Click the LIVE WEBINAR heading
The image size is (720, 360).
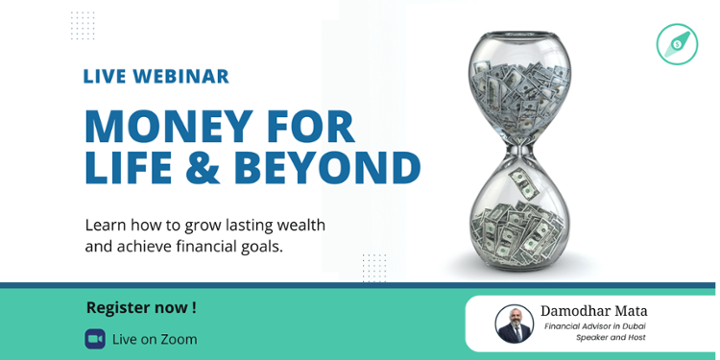pyautogui.click(x=156, y=77)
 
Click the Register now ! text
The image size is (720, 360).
pyautogui.click(x=141, y=307)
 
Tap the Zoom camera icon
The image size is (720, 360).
pyautogui.click(x=95, y=339)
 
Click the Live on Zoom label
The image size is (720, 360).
pyautogui.click(x=155, y=339)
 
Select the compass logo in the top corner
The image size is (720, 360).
pyautogui.click(x=677, y=44)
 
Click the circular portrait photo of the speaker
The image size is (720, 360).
pyautogui.click(x=514, y=324)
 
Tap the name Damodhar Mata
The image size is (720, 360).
pyautogui.click(x=593, y=311)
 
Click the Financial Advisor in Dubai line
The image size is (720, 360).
pyautogui.click(x=594, y=326)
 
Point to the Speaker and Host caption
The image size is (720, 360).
pyautogui.click(x=611, y=338)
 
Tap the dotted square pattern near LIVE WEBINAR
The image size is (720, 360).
pyautogui.click(x=83, y=25)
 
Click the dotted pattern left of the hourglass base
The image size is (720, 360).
pyautogui.click(x=374, y=267)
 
